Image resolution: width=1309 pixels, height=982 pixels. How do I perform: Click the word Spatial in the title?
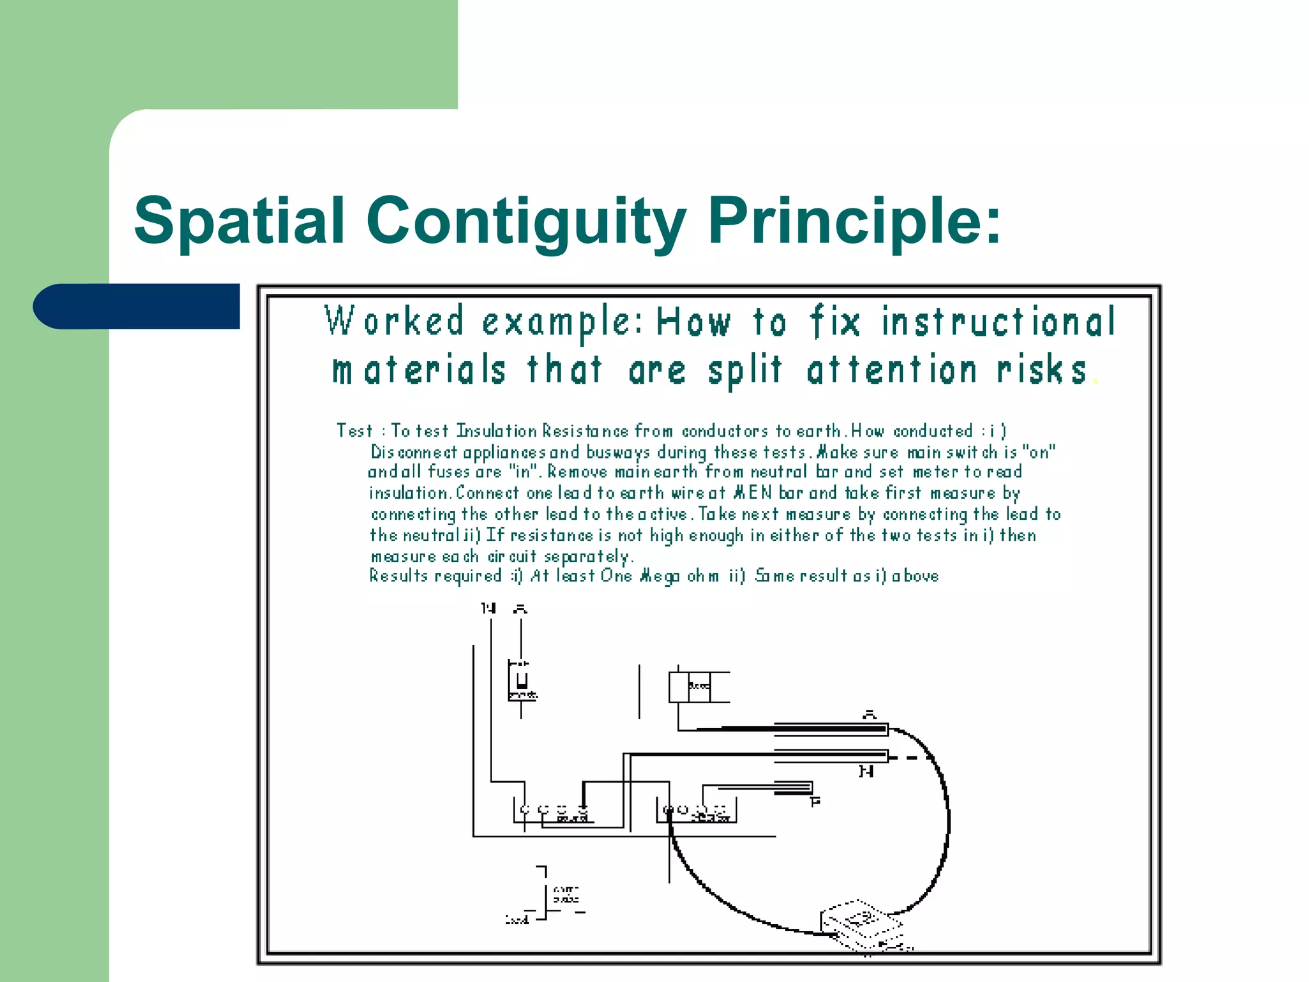click(x=239, y=221)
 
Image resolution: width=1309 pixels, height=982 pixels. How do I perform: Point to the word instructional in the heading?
click(x=998, y=322)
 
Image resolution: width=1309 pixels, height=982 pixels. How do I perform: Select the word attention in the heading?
click(x=892, y=370)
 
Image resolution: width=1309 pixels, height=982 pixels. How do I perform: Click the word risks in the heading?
click(x=1042, y=370)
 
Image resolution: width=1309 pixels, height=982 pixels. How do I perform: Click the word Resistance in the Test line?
click(x=585, y=431)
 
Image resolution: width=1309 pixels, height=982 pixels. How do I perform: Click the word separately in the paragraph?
click(x=588, y=557)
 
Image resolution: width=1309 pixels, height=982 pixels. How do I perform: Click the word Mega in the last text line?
click(x=660, y=576)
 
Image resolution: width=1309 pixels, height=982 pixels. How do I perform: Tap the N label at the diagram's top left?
click(x=489, y=608)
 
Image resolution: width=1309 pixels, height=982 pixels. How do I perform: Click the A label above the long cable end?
click(x=869, y=714)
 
